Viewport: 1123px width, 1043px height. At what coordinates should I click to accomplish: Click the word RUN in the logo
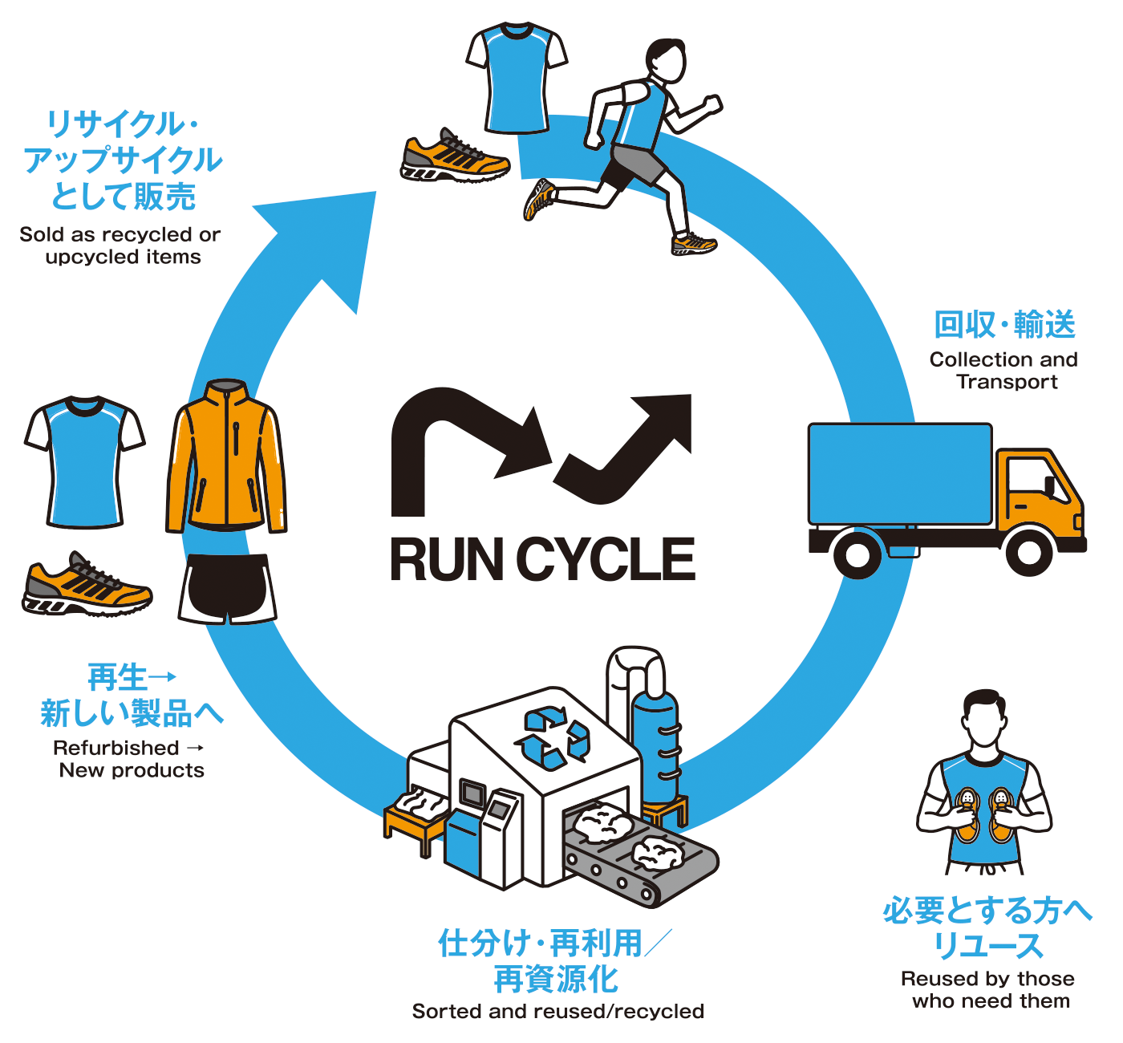(x=447, y=559)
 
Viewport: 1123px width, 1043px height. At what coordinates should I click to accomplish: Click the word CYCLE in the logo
(x=606, y=559)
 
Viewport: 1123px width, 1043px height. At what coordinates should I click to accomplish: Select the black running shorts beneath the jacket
(x=227, y=589)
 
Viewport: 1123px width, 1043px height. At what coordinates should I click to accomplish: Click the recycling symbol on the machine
(x=552, y=738)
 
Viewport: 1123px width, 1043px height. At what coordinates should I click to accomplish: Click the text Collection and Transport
(x=1003, y=371)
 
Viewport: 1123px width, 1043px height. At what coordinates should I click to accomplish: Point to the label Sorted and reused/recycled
(x=558, y=1011)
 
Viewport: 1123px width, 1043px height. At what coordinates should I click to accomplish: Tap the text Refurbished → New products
(x=130, y=759)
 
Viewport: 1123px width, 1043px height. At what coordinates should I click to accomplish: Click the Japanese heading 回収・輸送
(x=1004, y=325)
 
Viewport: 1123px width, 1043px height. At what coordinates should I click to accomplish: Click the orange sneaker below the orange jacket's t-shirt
(x=87, y=585)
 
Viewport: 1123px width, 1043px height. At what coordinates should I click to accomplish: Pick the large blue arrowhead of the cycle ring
(x=325, y=243)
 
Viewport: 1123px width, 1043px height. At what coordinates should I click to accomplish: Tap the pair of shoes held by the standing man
(x=984, y=814)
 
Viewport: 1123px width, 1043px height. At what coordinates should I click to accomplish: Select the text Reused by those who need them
(x=987, y=989)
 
